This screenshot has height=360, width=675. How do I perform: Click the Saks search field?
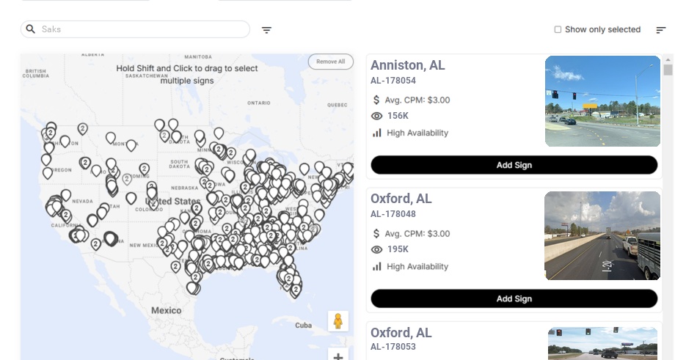tap(139, 29)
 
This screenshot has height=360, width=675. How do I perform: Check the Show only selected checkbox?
tap(558, 30)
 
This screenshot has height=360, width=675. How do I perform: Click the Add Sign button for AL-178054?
tap(514, 165)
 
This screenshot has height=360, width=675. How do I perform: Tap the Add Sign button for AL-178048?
tap(514, 298)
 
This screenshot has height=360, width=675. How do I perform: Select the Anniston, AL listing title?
tap(407, 65)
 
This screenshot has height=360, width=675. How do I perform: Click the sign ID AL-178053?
tap(393, 347)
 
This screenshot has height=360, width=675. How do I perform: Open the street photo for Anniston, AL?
tap(602, 101)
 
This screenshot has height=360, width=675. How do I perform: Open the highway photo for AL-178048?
tap(602, 235)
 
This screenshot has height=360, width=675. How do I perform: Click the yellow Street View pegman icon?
tap(337, 321)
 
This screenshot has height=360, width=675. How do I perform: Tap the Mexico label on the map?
tap(166, 310)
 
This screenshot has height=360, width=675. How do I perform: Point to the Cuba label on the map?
tap(303, 325)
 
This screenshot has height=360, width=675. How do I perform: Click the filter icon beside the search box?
tap(267, 30)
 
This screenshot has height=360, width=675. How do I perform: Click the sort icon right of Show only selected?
tap(661, 30)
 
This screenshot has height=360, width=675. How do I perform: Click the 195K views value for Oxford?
tap(398, 249)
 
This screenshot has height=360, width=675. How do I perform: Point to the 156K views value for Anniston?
tap(398, 116)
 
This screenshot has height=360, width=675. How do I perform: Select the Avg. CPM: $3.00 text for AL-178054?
tap(417, 100)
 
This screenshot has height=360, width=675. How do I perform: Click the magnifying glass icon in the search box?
tap(31, 29)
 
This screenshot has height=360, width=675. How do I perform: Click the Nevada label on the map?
tap(81, 201)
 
